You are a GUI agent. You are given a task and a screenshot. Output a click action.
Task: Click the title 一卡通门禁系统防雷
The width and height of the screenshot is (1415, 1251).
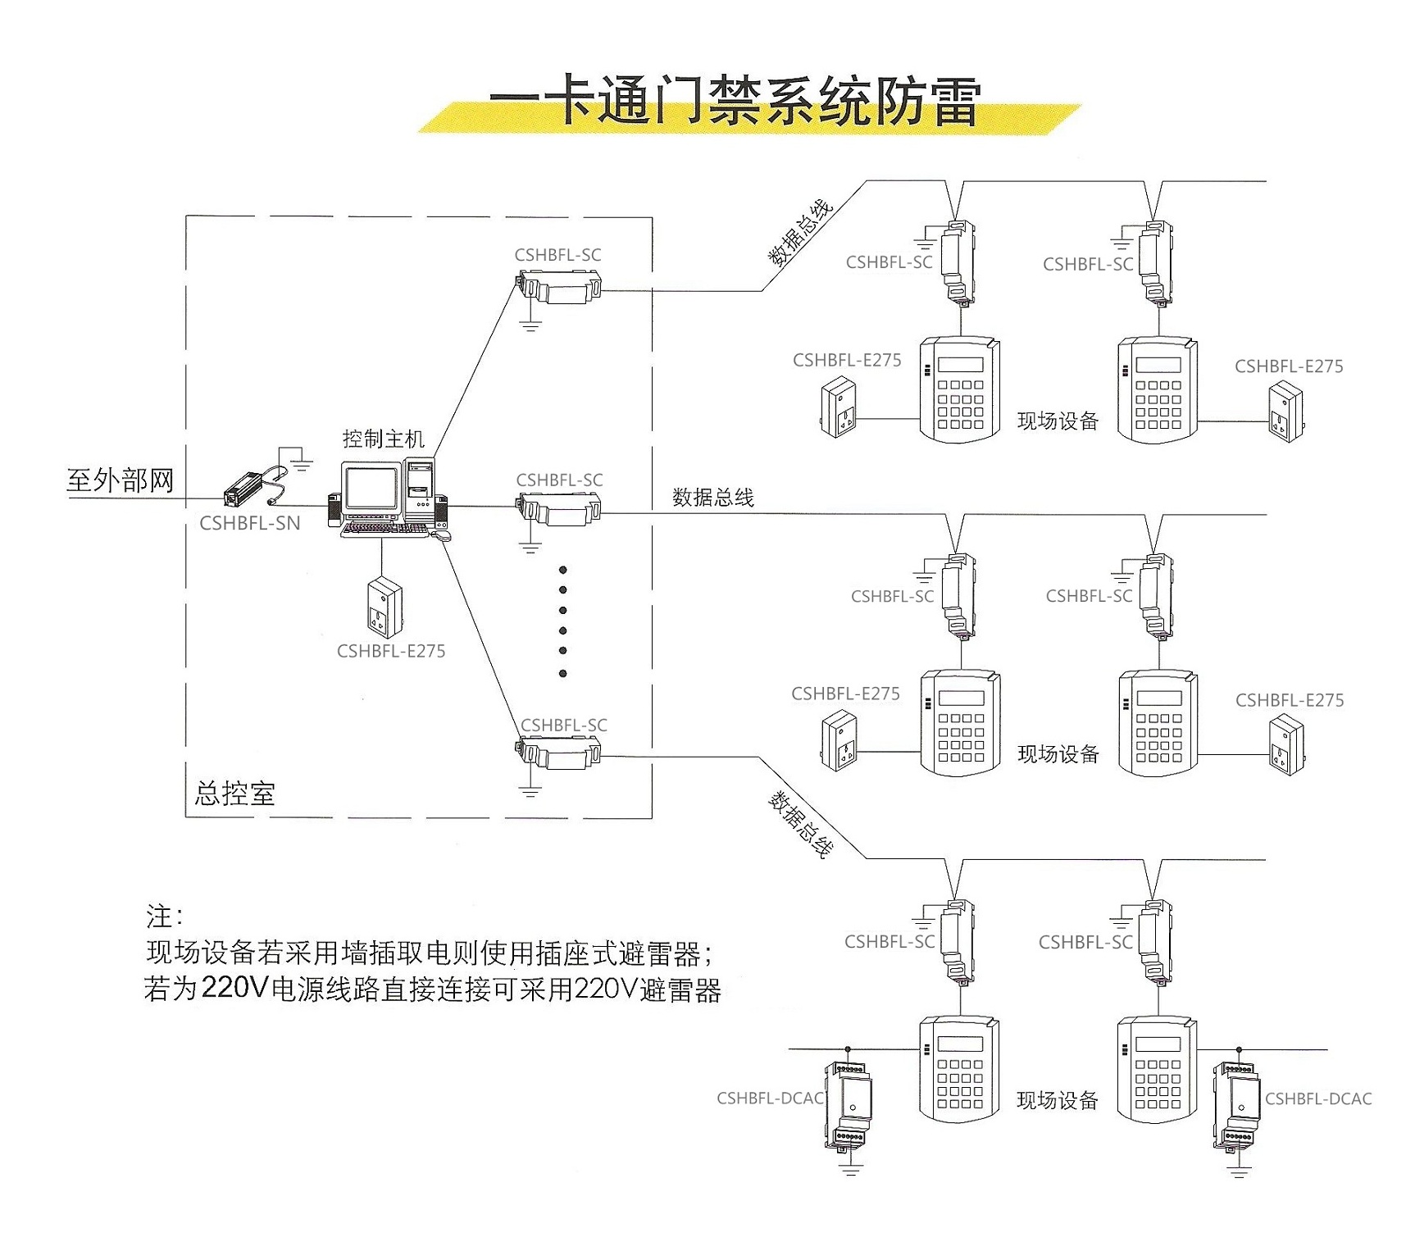[735, 102]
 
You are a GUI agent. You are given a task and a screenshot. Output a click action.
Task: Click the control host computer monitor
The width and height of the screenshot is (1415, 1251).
[371, 489]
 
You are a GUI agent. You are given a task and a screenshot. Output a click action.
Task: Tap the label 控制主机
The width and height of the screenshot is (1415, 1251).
[383, 439]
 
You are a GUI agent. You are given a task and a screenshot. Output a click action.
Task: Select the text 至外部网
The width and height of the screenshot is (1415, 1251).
[120, 480]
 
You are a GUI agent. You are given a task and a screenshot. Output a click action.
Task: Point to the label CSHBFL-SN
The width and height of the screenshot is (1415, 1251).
[250, 524]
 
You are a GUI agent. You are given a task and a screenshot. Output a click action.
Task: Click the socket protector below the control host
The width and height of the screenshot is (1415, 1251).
[384, 607]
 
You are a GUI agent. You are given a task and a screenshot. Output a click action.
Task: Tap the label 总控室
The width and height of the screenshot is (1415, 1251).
[234, 794]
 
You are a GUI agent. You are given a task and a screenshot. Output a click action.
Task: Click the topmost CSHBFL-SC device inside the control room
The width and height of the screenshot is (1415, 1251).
[558, 288]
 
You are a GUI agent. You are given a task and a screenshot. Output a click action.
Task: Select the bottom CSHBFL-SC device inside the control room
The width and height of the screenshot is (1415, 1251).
[558, 753]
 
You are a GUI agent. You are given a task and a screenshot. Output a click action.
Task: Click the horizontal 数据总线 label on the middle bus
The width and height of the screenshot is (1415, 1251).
[712, 498]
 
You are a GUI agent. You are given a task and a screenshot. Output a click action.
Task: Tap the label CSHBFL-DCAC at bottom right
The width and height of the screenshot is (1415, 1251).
[1317, 1099]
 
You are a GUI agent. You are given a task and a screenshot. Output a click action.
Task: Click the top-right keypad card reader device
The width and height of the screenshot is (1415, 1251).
[1158, 390]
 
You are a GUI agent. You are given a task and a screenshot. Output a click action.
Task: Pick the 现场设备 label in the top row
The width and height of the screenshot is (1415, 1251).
[1057, 421]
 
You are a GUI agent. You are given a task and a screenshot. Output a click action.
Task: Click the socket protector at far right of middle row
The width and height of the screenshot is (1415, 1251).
[1285, 744]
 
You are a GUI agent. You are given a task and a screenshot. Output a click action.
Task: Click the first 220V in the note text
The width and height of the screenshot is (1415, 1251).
[234, 989]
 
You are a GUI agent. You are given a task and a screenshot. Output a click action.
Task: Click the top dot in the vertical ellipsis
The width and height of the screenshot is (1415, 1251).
[562, 570]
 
